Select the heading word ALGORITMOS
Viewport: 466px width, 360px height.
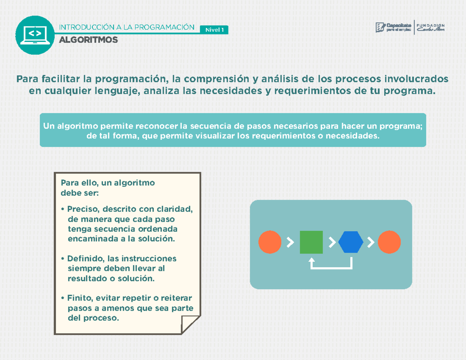tap(88, 40)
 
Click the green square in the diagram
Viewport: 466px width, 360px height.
tap(311, 242)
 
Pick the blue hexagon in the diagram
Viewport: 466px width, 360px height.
tap(351, 242)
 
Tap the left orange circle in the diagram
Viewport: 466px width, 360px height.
tap(270, 242)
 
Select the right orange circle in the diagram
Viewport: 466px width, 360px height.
tap(389, 242)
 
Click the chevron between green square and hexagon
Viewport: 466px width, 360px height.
tap(332, 242)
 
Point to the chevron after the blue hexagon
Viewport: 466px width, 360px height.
tap(370, 242)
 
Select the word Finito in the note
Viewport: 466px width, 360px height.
tap(78, 298)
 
